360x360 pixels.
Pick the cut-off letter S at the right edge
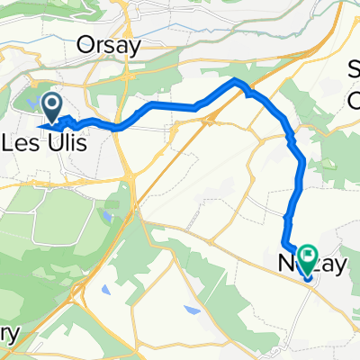pos(354,67)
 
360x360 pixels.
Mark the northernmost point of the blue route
pos(238,81)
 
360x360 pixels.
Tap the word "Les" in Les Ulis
pos(22,142)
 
